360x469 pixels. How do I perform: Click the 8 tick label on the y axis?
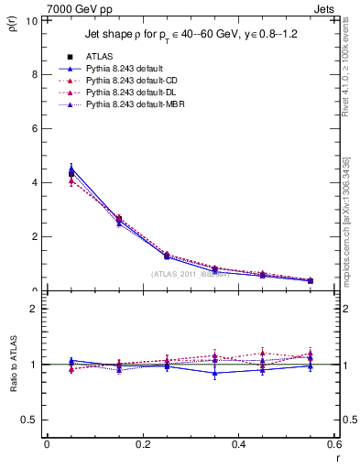33,74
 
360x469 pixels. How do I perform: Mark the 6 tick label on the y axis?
33,128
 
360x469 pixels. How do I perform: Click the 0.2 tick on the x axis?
142,444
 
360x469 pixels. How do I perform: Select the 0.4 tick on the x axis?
238,444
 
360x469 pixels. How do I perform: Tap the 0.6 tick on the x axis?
333,444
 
